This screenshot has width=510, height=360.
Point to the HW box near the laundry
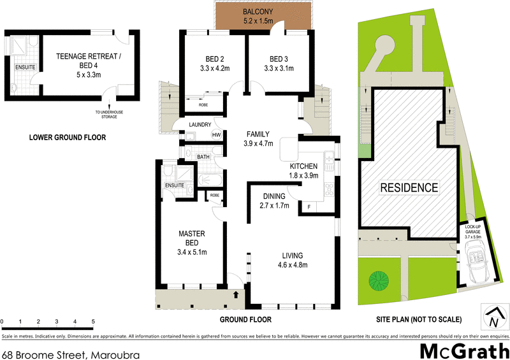(216, 135)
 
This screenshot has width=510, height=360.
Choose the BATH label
(203, 157)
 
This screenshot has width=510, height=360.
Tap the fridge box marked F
(309, 207)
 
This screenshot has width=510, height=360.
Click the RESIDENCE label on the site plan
(409, 187)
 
